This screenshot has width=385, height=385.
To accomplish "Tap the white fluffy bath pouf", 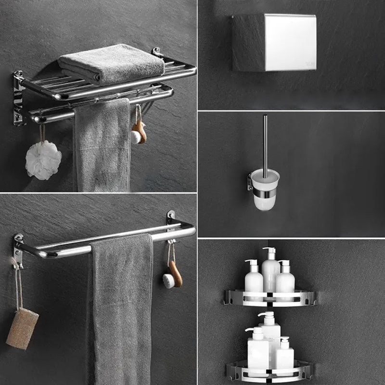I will [43, 160].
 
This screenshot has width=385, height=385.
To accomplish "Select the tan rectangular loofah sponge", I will [22, 328].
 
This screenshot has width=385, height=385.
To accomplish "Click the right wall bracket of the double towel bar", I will [171, 221].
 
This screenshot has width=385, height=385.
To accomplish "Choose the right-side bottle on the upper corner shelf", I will [285, 280].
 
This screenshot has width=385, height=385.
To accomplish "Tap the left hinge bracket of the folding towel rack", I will [18, 99].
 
